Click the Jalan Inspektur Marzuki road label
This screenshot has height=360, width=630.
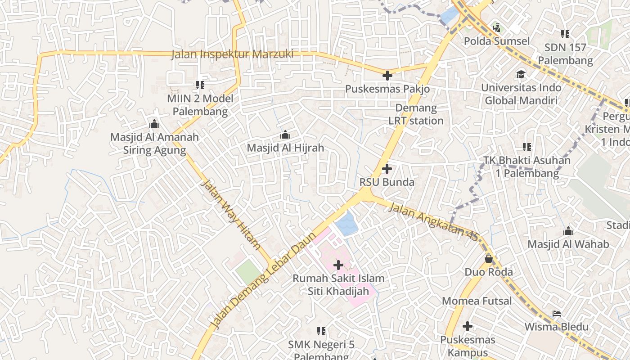232,54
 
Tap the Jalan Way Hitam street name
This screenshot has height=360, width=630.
230,215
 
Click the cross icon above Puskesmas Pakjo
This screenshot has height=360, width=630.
387,76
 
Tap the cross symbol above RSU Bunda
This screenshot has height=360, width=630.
387,169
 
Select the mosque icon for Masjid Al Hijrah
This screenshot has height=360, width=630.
285,135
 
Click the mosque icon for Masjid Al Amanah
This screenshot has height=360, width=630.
154,124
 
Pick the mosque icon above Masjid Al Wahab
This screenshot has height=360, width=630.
568,231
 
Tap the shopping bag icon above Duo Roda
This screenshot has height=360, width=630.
488,259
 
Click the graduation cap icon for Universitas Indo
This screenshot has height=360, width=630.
521,74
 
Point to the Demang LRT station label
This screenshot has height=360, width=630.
416,114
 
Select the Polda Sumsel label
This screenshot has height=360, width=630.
496,41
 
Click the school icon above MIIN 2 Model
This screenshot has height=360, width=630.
200,85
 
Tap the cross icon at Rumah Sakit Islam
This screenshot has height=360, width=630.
338,265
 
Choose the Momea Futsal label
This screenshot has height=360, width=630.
477,301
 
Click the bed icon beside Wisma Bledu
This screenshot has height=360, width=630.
557,314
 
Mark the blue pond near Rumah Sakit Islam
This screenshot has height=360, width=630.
346,224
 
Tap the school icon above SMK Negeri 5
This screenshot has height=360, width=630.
321,332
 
